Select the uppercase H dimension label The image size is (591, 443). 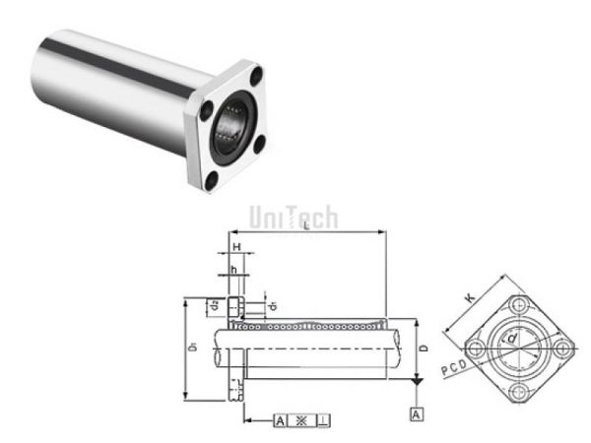(x=236, y=247)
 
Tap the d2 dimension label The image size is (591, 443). (x=215, y=306)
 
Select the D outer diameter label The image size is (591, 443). (x=423, y=348)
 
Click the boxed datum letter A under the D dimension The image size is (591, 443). (x=418, y=414)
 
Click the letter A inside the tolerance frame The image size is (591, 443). (x=281, y=420)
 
